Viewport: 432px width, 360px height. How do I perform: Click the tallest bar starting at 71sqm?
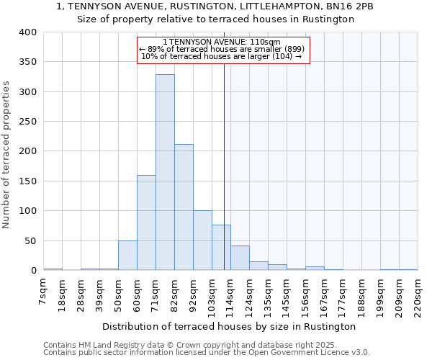[165, 172]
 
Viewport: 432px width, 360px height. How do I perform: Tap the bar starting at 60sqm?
[146, 222]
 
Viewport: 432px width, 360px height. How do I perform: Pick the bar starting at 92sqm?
[202, 240]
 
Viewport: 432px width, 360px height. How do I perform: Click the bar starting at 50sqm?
[127, 256]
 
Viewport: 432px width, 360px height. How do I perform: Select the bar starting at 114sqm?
[240, 258]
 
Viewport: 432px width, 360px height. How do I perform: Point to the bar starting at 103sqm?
[221, 248]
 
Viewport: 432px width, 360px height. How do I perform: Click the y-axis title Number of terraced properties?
[7, 155]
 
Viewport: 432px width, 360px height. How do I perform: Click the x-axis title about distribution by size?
[229, 326]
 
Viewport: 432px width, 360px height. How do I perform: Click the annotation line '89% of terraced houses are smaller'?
[222, 49]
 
